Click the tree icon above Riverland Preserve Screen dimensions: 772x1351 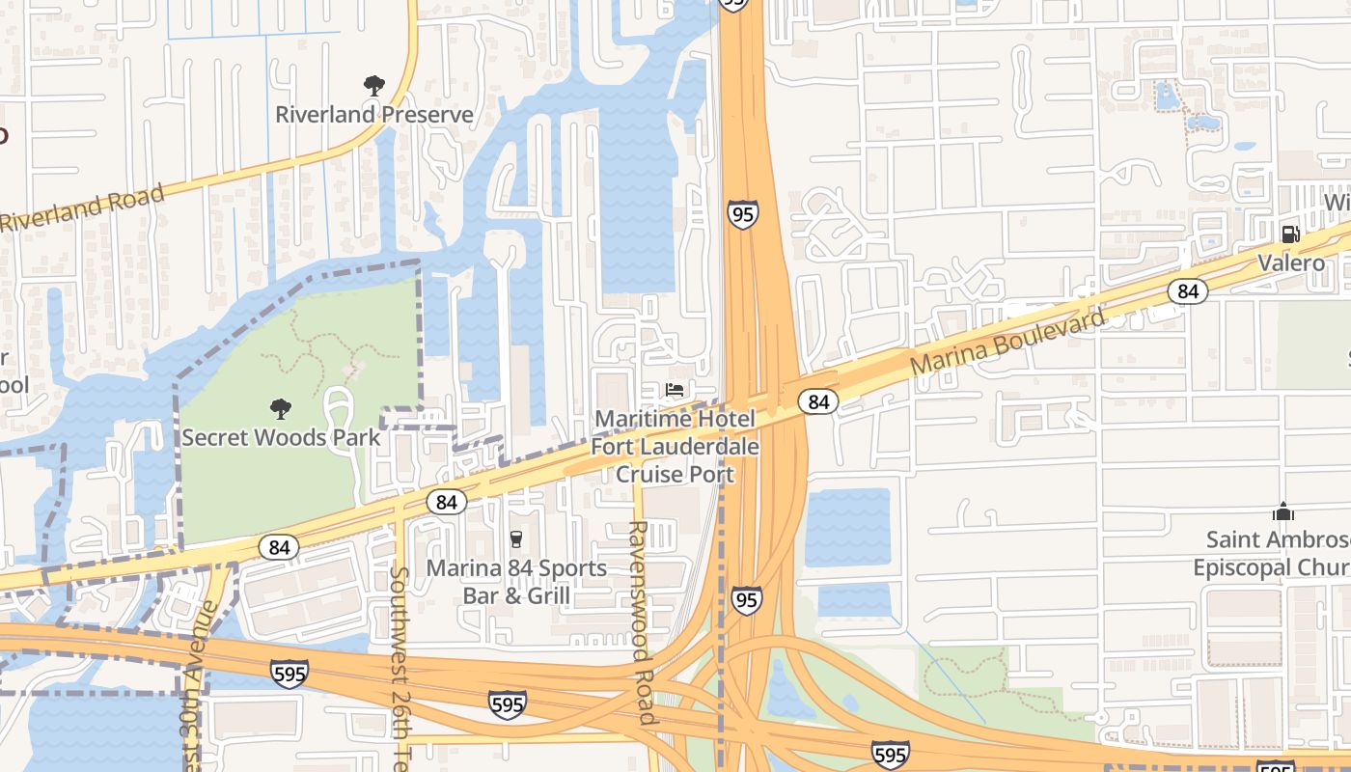[374, 87]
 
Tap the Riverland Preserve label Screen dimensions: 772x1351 [374, 115]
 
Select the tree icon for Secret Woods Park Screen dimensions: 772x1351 [281, 409]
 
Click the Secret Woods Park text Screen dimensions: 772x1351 [281, 437]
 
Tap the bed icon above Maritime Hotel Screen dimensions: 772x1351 [675, 390]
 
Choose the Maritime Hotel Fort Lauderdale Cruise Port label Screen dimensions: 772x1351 [675, 447]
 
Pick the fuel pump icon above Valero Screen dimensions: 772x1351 [1290, 234]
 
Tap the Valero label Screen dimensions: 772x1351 [1290, 262]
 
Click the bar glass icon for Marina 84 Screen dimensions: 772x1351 [515, 538]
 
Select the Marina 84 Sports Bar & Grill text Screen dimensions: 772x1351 [516, 581]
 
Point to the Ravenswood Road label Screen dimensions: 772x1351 [641, 622]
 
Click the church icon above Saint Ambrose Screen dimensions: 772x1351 [1282, 510]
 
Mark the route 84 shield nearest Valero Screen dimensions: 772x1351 [1188, 290]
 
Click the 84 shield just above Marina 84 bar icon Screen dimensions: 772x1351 [446, 502]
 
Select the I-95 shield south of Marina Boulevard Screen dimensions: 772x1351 [745, 599]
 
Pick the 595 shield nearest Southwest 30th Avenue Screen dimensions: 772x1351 [289, 674]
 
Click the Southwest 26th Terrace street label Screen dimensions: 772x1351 [400, 666]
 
